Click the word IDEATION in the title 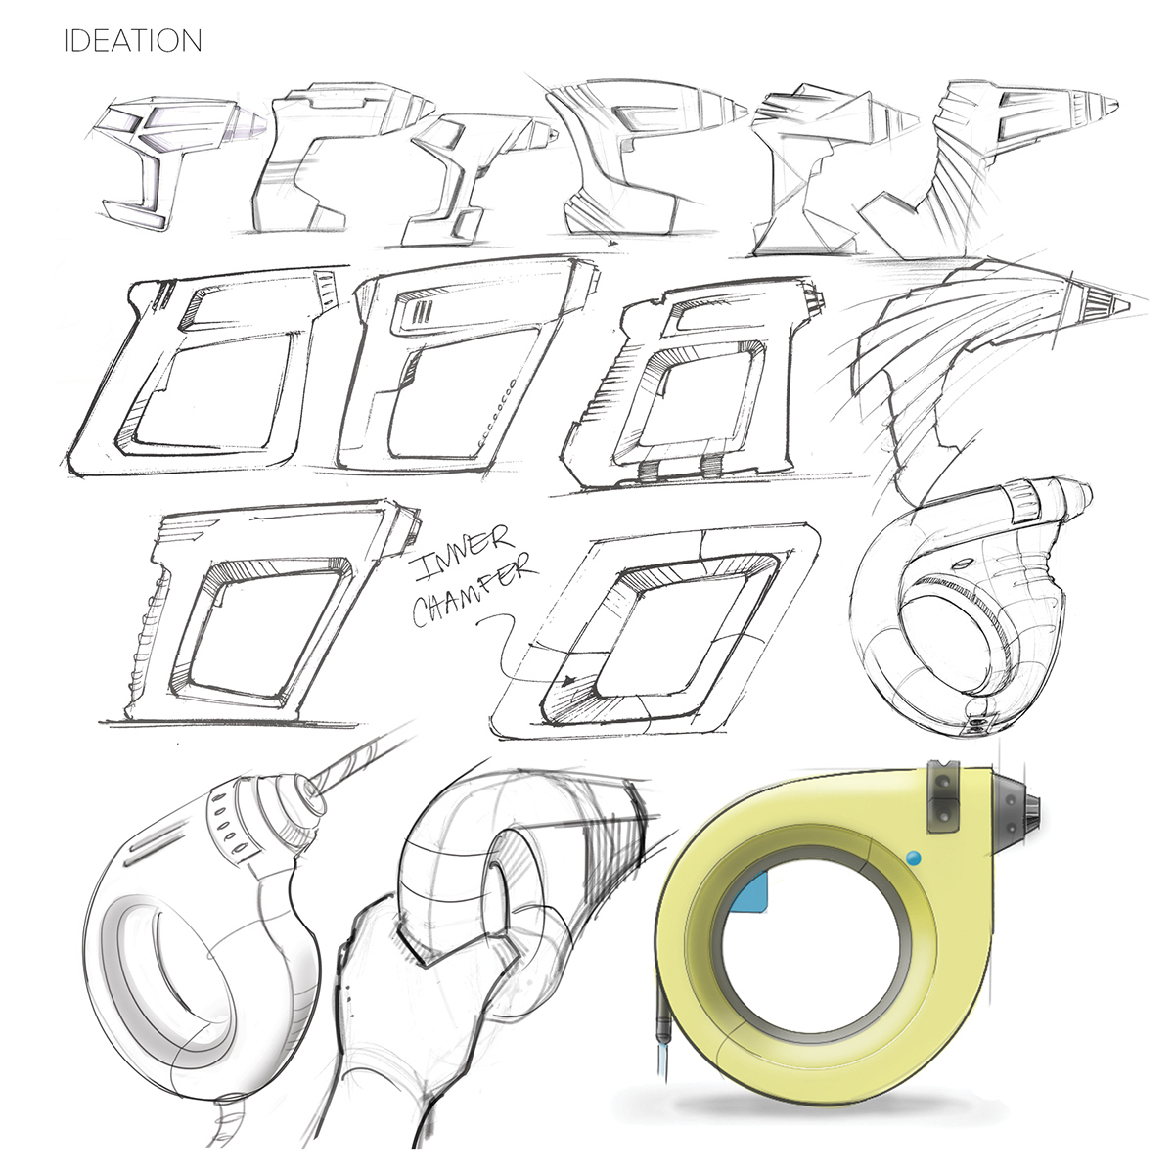[132, 41]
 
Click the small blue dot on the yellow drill [914, 858]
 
